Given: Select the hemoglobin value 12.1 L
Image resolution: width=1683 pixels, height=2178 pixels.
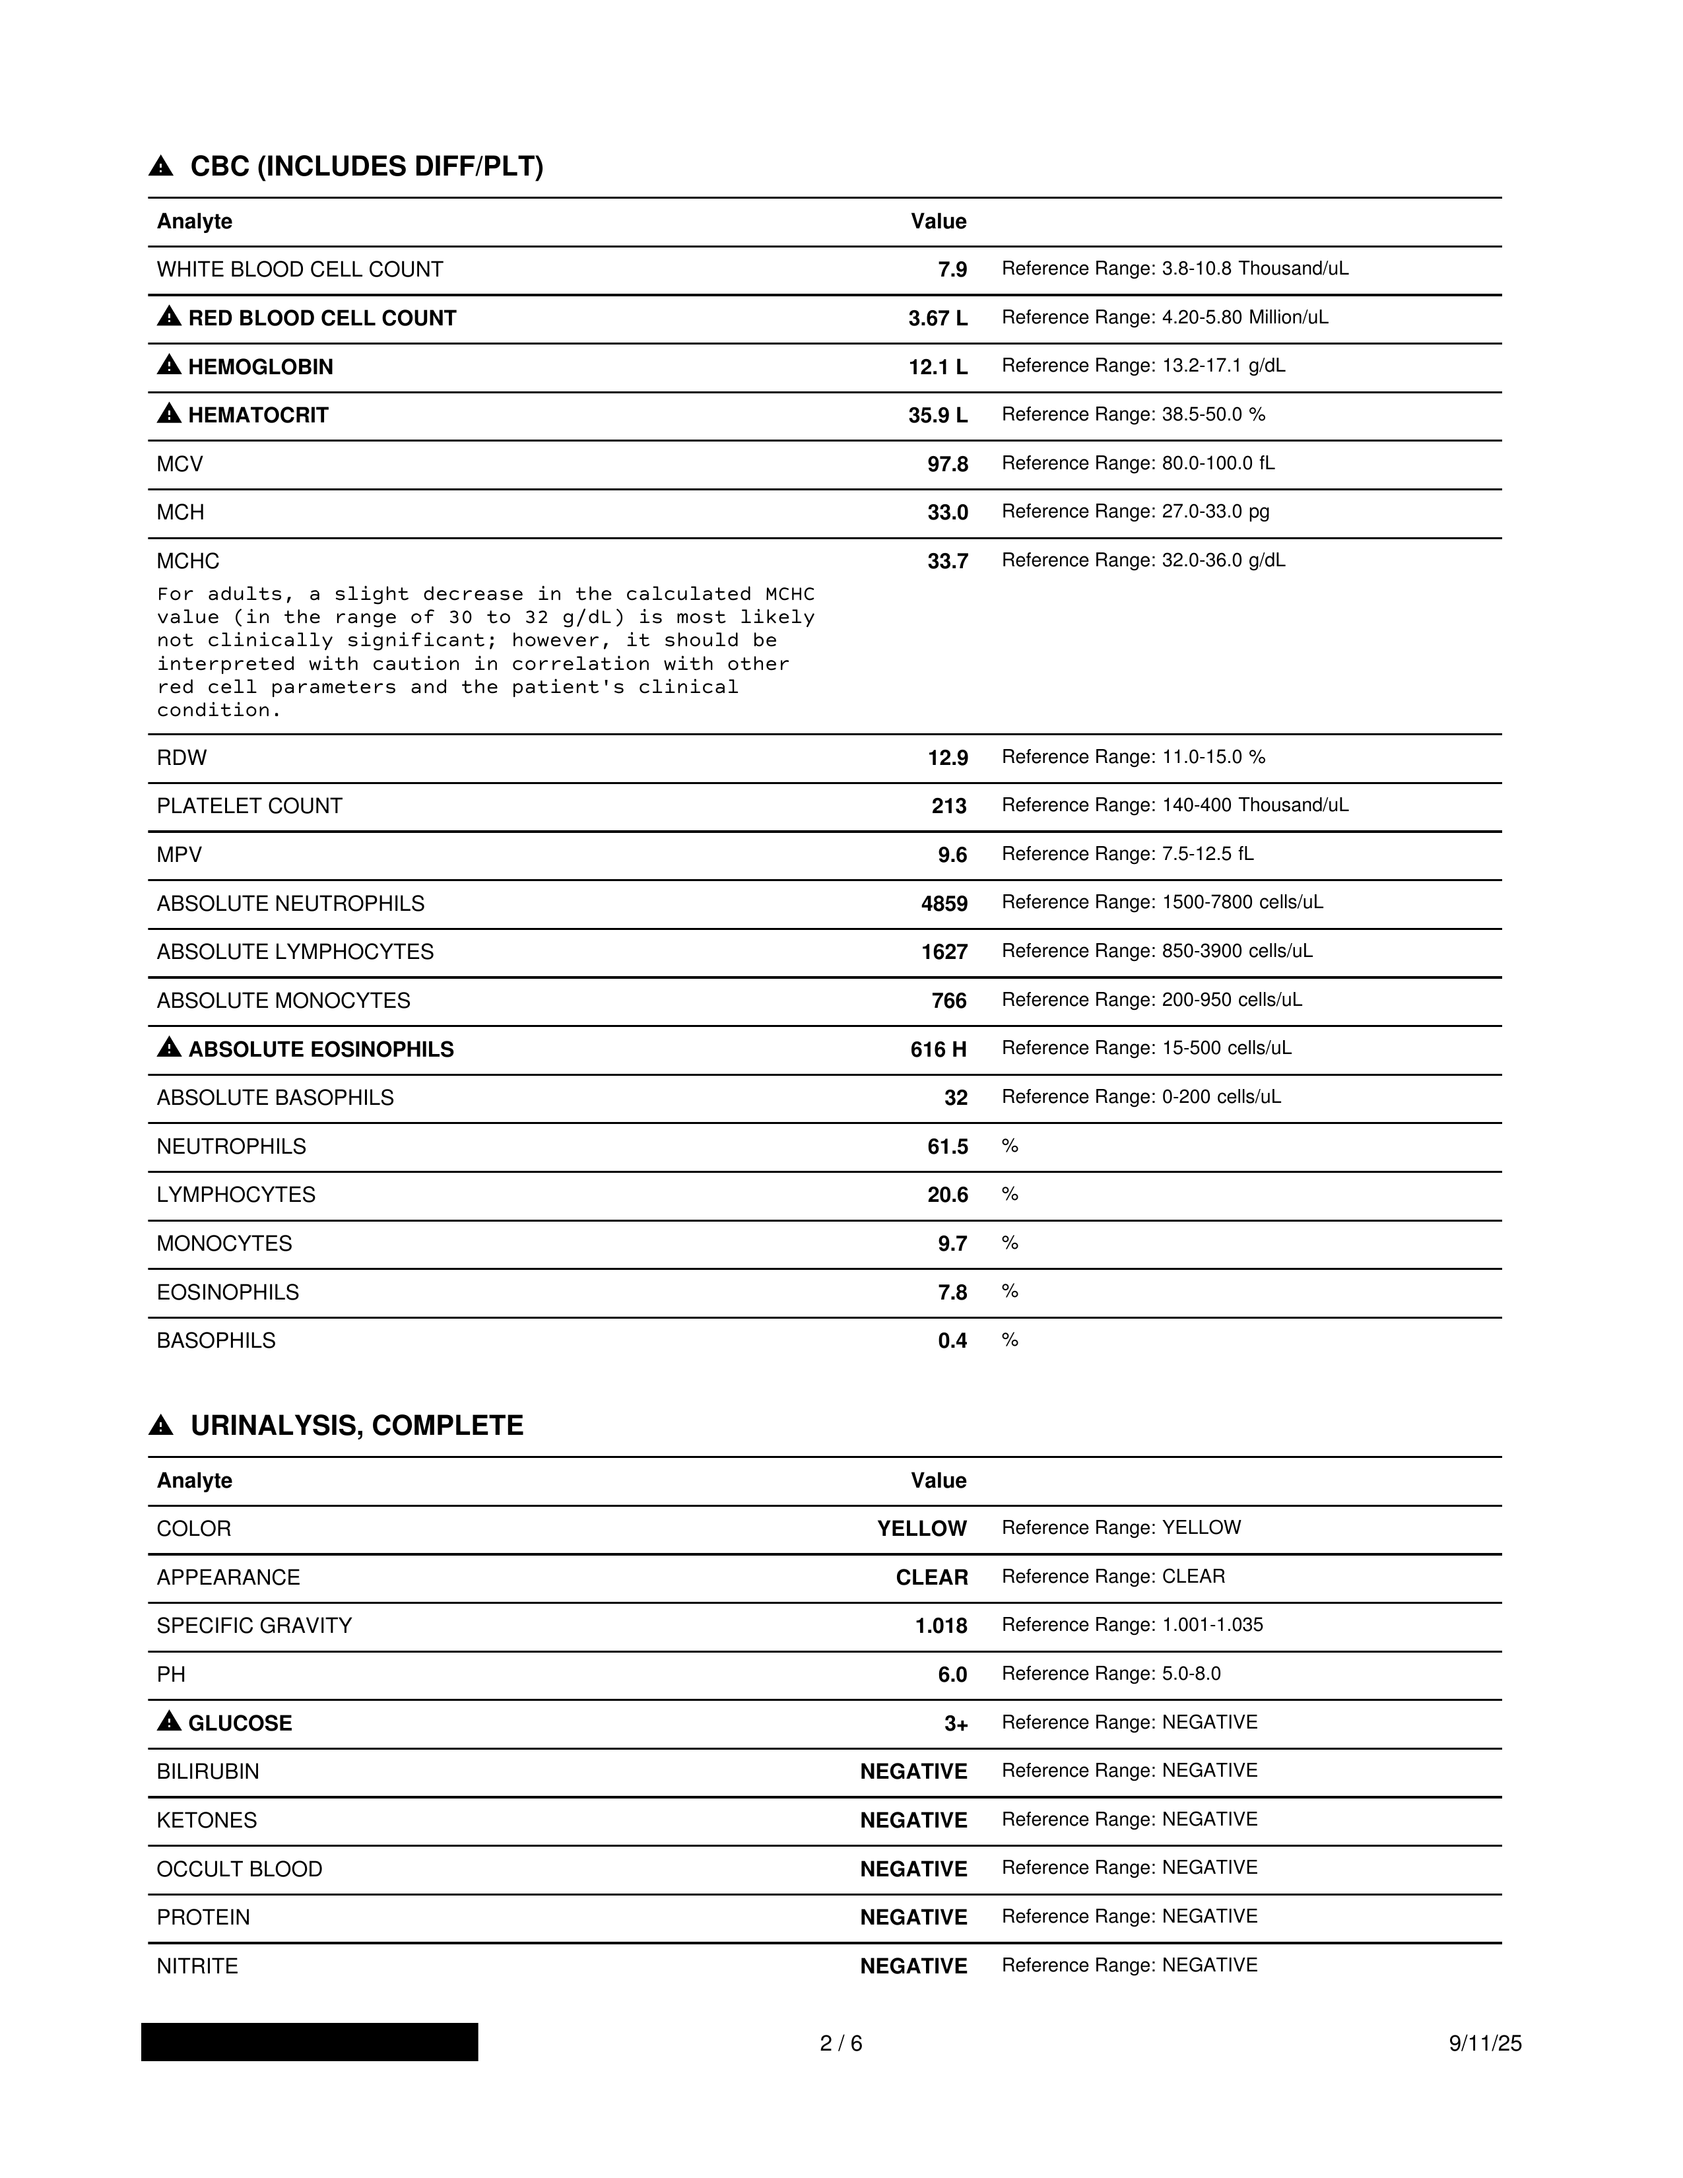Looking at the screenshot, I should (x=937, y=367).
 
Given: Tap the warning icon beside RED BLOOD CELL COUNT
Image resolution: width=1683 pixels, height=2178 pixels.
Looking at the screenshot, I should (x=170, y=317).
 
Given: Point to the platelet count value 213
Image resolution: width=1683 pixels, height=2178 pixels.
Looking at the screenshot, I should (x=949, y=806).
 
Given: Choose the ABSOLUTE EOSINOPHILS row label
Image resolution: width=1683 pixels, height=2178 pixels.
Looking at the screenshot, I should (x=320, y=1049).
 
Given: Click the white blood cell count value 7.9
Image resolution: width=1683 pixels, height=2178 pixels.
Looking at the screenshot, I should (x=952, y=270).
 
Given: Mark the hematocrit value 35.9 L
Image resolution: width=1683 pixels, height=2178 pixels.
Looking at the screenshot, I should (x=937, y=416).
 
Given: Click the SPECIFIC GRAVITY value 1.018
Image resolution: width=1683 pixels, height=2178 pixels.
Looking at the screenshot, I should (x=941, y=1626).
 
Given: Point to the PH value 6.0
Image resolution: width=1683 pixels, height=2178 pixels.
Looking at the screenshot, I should (x=952, y=1675).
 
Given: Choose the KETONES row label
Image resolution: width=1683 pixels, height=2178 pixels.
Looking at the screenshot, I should (x=207, y=1821).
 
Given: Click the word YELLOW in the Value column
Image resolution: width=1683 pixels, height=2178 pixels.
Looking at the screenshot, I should (x=921, y=1529).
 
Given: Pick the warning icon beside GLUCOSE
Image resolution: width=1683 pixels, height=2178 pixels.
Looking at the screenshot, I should (x=170, y=1722).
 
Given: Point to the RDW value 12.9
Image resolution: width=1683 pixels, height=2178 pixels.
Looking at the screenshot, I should (x=947, y=758).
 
